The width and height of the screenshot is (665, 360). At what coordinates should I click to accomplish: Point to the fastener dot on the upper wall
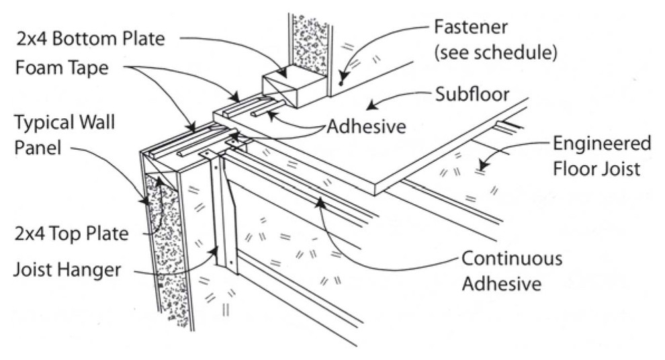coord(341,84)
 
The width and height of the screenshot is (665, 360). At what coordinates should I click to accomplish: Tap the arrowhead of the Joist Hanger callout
coord(218,249)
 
